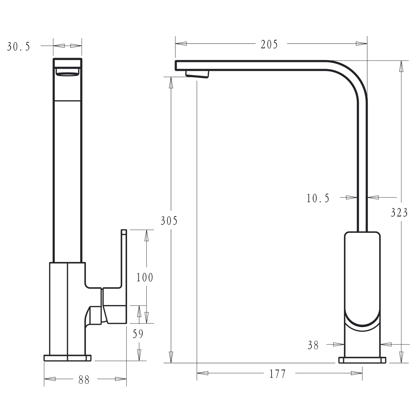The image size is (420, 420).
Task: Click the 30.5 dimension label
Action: click(18, 47)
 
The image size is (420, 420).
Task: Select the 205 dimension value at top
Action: click(269, 44)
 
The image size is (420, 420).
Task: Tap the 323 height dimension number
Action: click(399, 213)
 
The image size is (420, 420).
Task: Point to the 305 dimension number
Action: click(169, 221)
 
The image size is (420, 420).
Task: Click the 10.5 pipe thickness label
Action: click(318, 198)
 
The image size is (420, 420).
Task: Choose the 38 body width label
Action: click(313, 345)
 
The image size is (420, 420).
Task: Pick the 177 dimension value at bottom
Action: click(277, 374)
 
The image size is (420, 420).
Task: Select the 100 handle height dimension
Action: click(145, 277)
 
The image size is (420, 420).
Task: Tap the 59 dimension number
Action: click(138, 334)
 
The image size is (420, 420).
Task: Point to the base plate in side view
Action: click(362, 360)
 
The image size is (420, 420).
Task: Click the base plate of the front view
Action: click(67, 358)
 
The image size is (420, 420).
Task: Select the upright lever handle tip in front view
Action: click(124, 232)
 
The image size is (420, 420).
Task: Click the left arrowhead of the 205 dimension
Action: click(181, 44)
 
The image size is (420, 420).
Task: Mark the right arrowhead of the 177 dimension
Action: click(357, 373)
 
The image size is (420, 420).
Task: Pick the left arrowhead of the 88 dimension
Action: click(50, 379)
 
